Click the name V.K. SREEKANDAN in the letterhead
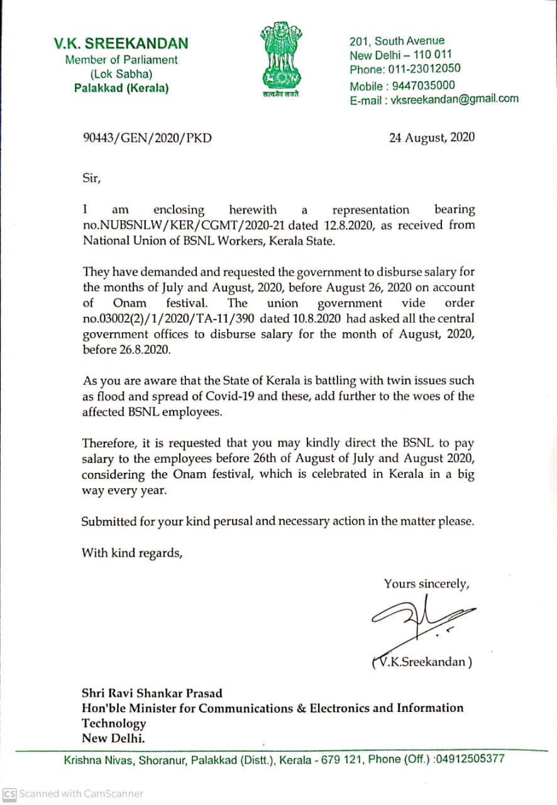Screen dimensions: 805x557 tap(121, 43)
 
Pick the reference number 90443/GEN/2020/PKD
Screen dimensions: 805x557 tap(147, 138)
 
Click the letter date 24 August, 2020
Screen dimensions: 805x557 tap(432, 138)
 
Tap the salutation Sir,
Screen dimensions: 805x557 tap(91, 178)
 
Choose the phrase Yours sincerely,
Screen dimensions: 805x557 tap(427, 584)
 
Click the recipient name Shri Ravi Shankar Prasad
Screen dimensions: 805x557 tap(152, 694)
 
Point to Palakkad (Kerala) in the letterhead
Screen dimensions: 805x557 tap(121, 89)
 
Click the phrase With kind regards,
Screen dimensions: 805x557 tap(132, 553)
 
